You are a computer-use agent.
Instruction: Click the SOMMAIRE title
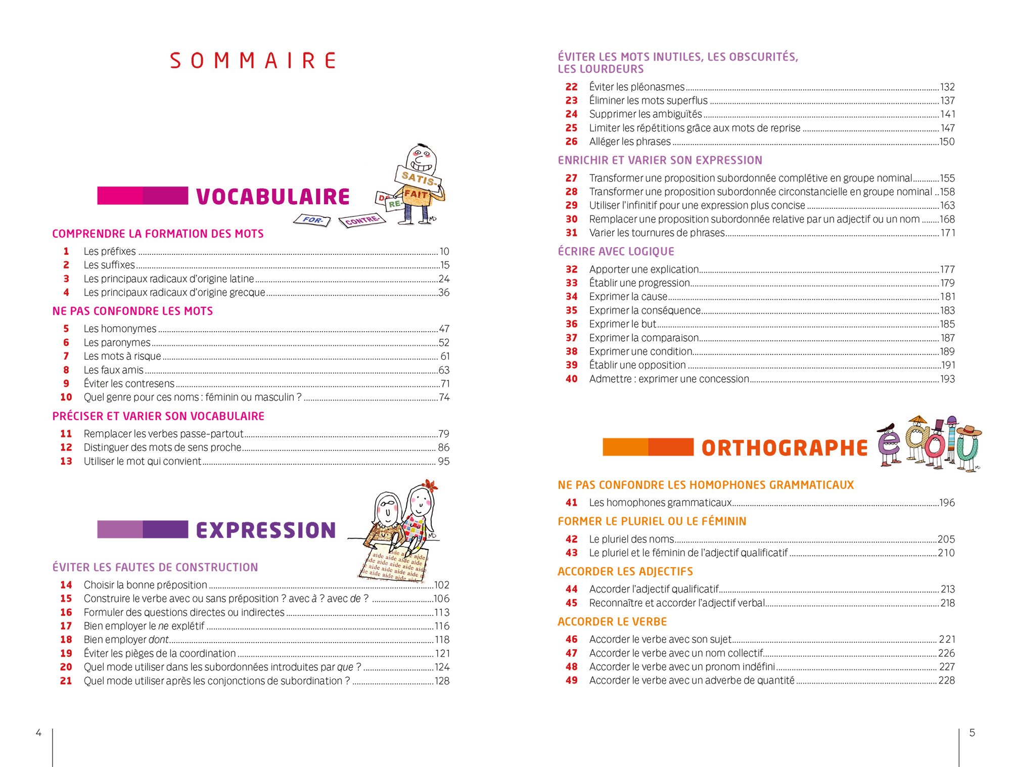(x=253, y=61)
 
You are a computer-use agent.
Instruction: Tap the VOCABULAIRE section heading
(x=272, y=197)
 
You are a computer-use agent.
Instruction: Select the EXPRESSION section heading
(x=266, y=530)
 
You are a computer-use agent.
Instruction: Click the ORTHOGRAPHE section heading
(x=785, y=448)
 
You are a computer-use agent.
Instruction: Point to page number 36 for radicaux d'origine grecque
(x=444, y=293)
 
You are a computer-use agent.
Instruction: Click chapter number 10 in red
(x=66, y=397)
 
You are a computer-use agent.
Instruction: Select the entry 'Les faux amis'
(x=114, y=370)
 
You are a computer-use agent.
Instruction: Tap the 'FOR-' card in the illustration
(x=312, y=220)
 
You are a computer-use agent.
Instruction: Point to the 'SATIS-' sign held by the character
(x=418, y=177)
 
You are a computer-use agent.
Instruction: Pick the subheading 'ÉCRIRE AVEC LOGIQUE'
(x=616, y=251)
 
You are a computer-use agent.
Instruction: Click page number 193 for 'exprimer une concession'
(x=947, y=379)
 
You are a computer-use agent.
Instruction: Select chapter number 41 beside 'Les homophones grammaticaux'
(x=571, y=503)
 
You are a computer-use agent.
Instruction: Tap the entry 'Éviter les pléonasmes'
(x=636, y=87)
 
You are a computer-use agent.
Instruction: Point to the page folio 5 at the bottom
(x=972, y=733)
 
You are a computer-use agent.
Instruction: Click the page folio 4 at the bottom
(x=38, y=733)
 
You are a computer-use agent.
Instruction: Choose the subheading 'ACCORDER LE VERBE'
(x=612, y=622)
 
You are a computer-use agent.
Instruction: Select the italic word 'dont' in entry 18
(x=158, y=640)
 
